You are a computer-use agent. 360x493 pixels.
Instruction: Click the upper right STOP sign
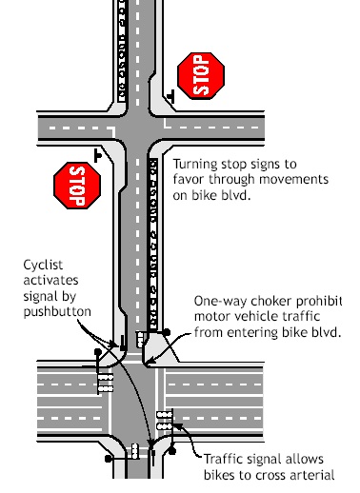(x=201, y=76)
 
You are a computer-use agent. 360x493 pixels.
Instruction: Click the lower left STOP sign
(x=77, y=186)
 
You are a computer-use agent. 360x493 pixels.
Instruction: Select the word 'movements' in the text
(x=293, y=179)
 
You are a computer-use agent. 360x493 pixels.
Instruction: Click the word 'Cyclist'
(x=43, y=266)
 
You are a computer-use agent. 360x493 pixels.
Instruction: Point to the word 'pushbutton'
(x=57, y=312)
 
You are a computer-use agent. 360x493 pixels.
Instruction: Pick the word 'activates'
(x=50, y=281)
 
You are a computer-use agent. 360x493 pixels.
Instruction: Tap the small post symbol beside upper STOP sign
(x=171, y=96)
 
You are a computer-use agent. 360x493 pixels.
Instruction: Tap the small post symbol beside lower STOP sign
(x=98, y=156)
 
